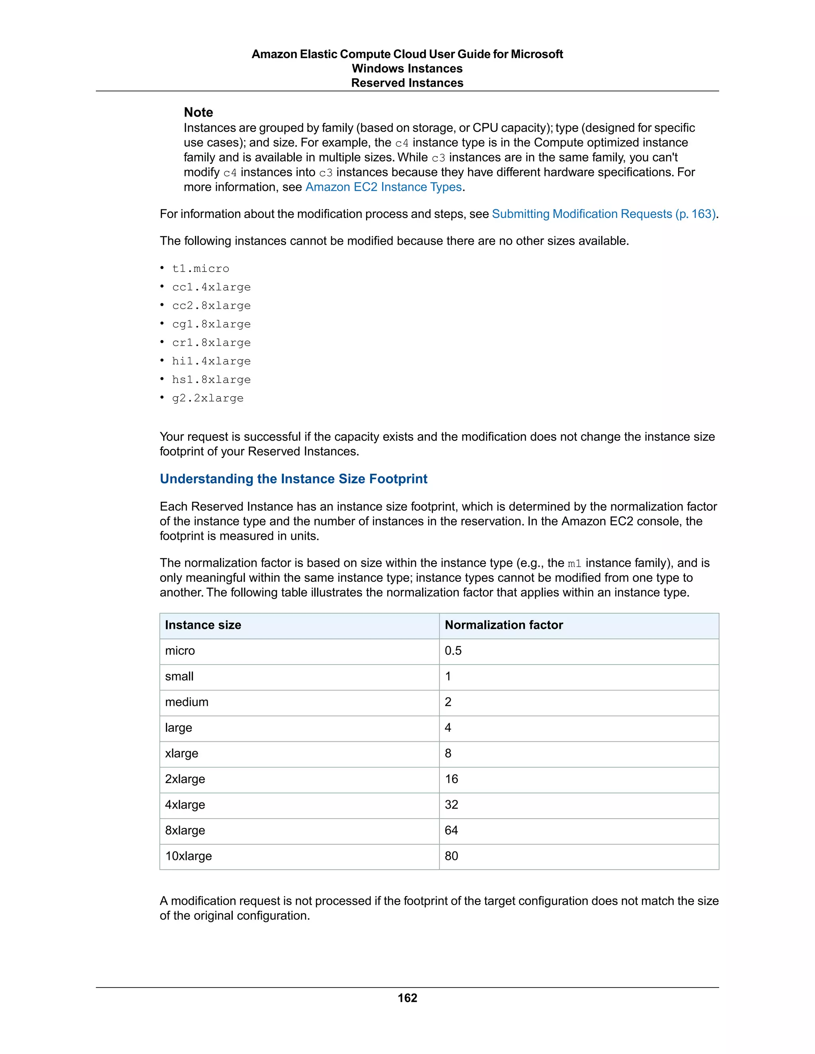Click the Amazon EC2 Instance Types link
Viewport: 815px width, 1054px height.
[x=383, y=187]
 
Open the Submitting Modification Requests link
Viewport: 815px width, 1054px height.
[x=604, y=214]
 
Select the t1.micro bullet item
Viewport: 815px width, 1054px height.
[x=201, y=269]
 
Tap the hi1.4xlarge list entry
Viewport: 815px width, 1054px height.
[x=211, y=362]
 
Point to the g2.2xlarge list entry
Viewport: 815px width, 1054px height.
[x=208, y=399]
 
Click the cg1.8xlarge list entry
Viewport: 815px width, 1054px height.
[x=211, y=324]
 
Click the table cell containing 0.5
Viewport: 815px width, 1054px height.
[x=453, y=651]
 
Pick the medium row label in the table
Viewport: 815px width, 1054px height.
[x=186, y=702]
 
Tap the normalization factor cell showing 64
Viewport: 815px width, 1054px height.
[x=451, y=830]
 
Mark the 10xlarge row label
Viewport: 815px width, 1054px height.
[x=188, y=856]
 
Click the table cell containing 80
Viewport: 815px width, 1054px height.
[x=451, y=856]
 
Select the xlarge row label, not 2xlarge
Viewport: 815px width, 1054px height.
[x=181, y=753]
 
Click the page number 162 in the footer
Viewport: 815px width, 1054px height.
[x=407, y=998]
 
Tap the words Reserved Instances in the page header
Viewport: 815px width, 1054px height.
[x=407, y=83]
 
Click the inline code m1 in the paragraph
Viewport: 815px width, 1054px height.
[x=574, y=564]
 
